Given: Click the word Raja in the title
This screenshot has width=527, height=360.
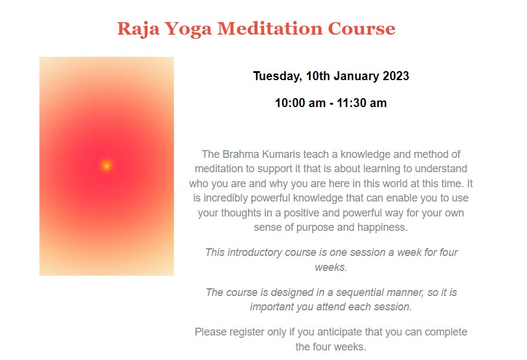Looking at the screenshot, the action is [x=138, y=29].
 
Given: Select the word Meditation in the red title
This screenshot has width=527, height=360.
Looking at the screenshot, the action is [x=270, y=29].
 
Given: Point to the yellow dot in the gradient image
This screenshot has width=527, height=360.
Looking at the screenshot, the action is [x=106, y=166].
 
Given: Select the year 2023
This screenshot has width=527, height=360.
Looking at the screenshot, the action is [x=396, y=76].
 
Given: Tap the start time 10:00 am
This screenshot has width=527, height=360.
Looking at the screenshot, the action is [x=300, y=103].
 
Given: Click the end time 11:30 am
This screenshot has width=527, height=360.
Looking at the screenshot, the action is [x=361, y=103].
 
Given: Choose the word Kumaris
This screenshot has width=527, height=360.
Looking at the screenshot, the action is [x=281, y=154].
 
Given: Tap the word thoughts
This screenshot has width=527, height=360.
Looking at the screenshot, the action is [x=241, y=213].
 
